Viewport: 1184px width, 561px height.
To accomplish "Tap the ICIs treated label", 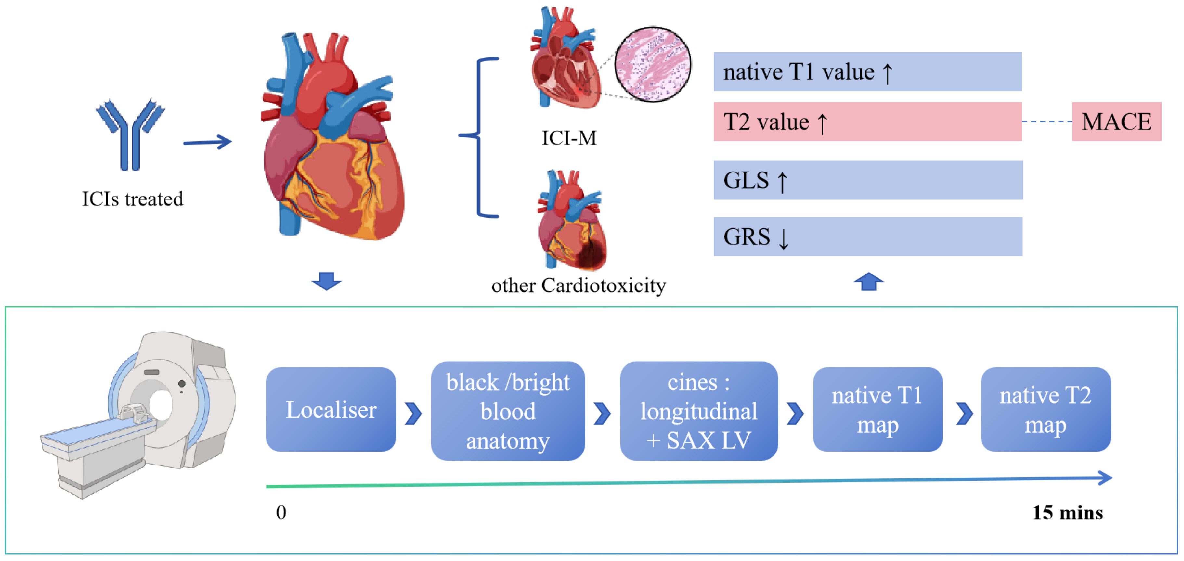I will (x=132, y=199).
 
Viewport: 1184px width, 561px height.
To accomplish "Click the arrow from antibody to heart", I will (x=207, y=142).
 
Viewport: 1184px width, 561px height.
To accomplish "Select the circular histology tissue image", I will (x=653, y=64).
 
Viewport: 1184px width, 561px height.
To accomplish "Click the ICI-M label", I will (x=569, y=138).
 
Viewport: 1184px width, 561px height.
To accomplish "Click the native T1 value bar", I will (x=867, y=72).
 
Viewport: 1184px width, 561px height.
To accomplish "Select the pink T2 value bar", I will (x=867, y=122).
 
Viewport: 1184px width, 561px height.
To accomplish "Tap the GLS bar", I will (x=868, y=180).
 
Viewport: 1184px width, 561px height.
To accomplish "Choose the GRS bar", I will (x=868, y=236).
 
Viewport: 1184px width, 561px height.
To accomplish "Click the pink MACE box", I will (x=1116, y=122).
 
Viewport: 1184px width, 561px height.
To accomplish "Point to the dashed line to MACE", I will (x=1047, y=122).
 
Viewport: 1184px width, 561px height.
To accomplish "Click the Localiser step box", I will (x=331, y=409).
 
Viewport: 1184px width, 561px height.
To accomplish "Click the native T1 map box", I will (x=878, y=409).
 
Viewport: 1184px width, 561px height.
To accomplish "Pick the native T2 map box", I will (x=1045, y=409).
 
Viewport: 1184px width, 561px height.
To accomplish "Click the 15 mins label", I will (x=1067, y=512).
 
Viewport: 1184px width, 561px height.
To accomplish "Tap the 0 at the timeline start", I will (x=281, y=512).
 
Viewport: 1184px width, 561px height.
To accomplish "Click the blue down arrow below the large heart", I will (x=326, y=281).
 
